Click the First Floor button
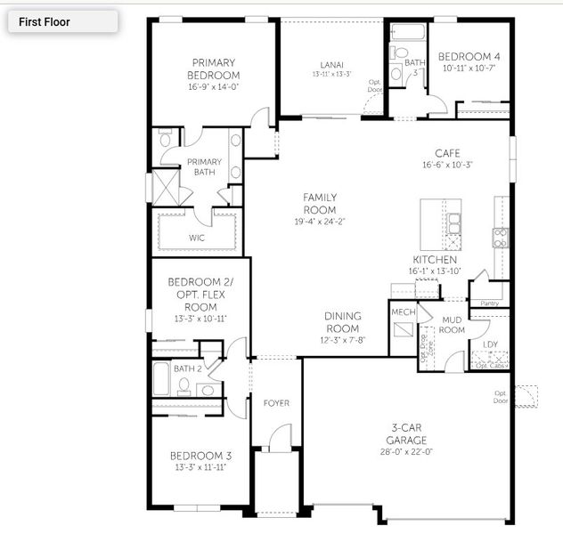62,21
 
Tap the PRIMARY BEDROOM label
214,69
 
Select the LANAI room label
332,64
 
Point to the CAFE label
447,153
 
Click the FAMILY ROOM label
319,203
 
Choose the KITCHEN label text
434,260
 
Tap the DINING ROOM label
343,321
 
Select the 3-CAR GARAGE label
407,434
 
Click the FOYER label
276,403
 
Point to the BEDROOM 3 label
200,456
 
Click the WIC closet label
197,238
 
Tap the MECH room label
403,312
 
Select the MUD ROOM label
452,325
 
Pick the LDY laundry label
490,344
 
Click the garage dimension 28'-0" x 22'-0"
407,451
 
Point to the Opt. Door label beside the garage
501,396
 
